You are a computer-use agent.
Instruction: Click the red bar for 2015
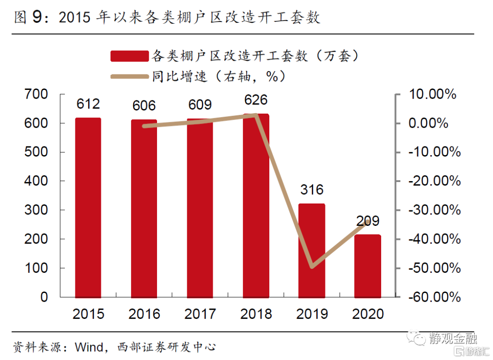(x=88, y=207)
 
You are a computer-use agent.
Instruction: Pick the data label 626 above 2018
(x=256, y=99)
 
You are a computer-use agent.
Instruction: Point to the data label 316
(x=312, y=189)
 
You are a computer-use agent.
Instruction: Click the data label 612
(x=88, y=104)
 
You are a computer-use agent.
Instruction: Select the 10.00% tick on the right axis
(x=433, y=94)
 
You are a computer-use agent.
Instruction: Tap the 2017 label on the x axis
(x=200, y=314)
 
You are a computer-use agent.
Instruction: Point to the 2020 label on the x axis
(x=367, y=314)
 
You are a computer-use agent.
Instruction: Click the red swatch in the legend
(x=130, y=56)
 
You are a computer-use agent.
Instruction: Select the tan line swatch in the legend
(x=130, y=76)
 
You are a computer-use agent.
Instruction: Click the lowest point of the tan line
(x=312, y=267)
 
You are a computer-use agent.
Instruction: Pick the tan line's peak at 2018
(x=256, y=115)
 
